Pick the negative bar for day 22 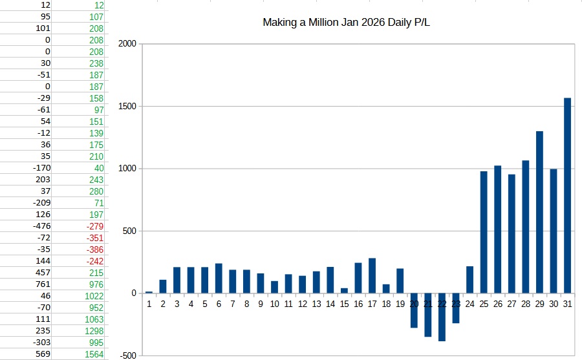(442, 317)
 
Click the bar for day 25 (484, 232)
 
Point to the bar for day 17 (372, 276)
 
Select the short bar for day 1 (149, 292)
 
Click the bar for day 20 (414, 310)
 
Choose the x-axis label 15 (344, 303)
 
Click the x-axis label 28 (525, 303)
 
